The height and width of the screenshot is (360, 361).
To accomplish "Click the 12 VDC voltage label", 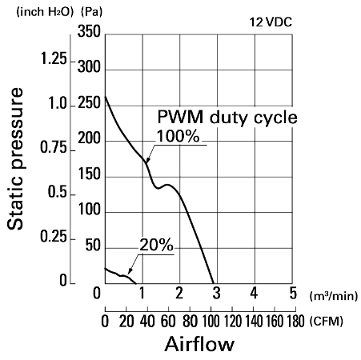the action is click(271, 22).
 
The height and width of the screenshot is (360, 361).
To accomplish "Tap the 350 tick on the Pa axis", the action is click(89, 31).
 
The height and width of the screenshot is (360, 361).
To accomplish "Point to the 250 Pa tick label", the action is click(89, 102).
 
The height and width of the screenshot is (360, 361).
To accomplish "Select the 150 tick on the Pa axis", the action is click(89, 174).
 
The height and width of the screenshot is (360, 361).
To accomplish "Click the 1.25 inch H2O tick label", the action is click(54, 58).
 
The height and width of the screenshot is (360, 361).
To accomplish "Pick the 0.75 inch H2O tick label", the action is click(54, 147).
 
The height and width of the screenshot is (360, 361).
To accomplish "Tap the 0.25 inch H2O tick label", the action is click(54, 236).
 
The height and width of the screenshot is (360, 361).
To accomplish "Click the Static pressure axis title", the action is click(15, 158).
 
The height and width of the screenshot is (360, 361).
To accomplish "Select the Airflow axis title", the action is click(199, 344).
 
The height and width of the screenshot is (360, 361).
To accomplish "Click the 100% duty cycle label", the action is click(178, 136).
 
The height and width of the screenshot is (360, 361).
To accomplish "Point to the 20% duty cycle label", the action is click(156, 245).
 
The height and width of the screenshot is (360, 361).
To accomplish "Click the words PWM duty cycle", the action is click(227, 117).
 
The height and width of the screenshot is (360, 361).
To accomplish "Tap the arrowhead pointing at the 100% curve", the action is click(147, 160).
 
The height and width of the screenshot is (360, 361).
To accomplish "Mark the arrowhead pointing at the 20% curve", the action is click(130, 271).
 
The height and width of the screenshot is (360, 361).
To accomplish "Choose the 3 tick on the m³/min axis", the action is click(217, 293).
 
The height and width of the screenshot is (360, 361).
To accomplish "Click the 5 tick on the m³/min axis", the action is click(293, 293).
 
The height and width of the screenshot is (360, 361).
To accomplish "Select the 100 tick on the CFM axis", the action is click(211, 321).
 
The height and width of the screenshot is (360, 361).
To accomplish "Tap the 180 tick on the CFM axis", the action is click(295, 321).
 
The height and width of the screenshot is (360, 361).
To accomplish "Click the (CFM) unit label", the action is click(327, 321).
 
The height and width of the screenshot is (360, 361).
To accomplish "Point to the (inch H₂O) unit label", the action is click(45, 12).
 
